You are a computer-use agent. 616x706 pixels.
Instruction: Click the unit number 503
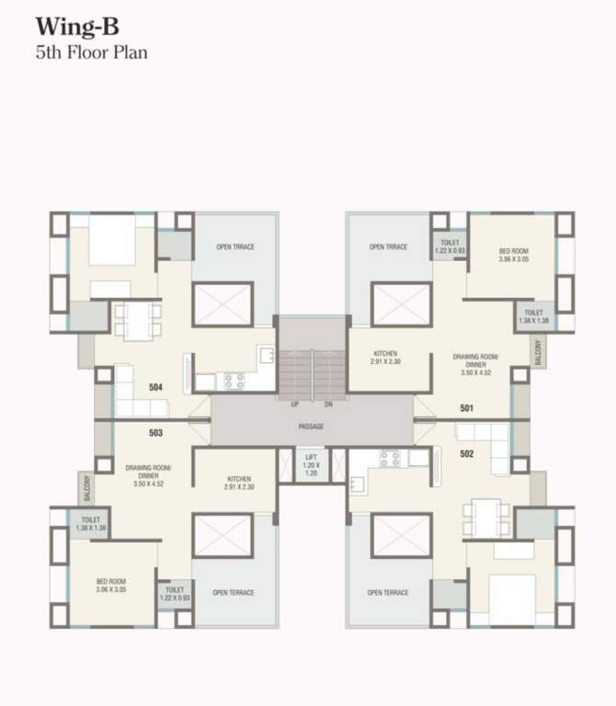[x=155, y=433]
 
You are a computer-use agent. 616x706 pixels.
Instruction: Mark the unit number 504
[x=155, y=388]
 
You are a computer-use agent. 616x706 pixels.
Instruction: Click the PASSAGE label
[x=311, y=427]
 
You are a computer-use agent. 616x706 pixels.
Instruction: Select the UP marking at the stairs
[x=294, y=404]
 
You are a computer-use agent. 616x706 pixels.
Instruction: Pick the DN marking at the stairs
[x=328, y=404]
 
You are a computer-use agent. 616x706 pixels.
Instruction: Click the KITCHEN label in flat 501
[x=385, y=358]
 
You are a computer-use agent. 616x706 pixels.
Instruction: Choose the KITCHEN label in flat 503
[x=239, y=482]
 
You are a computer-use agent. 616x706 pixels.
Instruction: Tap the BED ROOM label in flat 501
[x=514, y=255]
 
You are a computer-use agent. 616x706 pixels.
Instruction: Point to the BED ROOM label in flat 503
[x=110, y=586]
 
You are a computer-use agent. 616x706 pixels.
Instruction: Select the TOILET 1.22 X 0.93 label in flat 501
[x=449, y=246]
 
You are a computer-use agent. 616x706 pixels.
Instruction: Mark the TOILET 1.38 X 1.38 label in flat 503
[x=90, y=524]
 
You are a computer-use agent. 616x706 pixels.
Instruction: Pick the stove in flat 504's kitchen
[x=234, y=379]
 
